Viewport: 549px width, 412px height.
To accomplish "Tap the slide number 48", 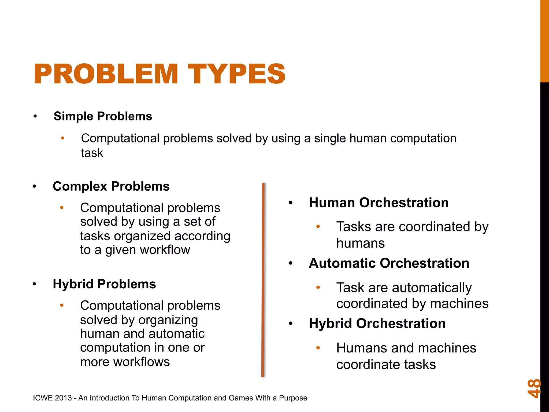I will coord(534,388).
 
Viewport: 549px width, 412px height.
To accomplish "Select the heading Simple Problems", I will coord(103,116).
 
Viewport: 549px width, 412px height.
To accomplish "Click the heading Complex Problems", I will coord(111,186).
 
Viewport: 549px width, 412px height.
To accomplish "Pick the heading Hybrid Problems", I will coord(104,284).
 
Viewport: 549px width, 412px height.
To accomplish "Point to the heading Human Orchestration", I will coord(379,203).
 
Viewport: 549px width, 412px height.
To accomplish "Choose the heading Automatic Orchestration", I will coord(389,263).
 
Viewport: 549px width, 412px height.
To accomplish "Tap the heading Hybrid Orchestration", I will coord(377,323).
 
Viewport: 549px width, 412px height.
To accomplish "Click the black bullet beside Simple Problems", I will coord(35,116).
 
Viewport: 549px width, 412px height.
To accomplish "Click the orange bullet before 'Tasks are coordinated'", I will coord(318,227).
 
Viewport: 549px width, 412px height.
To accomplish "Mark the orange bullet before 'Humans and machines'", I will coord(318,348).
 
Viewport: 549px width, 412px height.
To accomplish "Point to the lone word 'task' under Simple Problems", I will coord(92,153).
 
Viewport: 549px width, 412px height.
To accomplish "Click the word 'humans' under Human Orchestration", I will coord(360,243).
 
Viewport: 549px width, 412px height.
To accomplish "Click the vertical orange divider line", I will coord(263,279).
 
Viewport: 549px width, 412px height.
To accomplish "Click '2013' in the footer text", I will coord(63,398).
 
